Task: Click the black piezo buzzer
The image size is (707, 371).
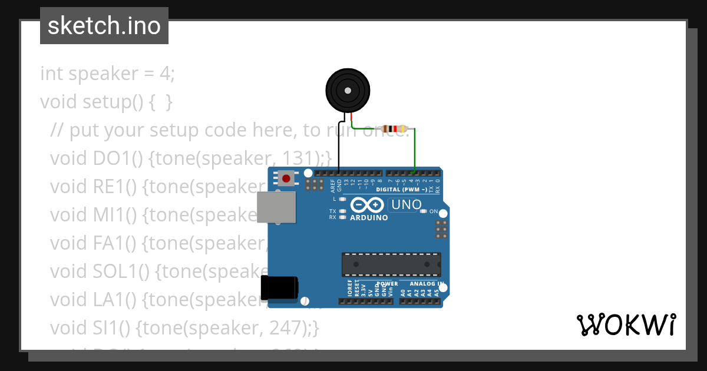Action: tap(348, 91)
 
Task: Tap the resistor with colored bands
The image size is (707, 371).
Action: tap(394, 129)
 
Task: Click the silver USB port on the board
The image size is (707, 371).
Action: tap(276, 207)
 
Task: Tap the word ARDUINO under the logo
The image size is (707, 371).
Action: tap(369, 217)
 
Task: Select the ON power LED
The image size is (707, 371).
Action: tap(423, 211)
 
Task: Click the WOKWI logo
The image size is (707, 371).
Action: tap(626, 324)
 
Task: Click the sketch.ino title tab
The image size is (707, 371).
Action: tap(104, 26)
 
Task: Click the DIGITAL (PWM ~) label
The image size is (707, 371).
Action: tap(402, 190)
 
